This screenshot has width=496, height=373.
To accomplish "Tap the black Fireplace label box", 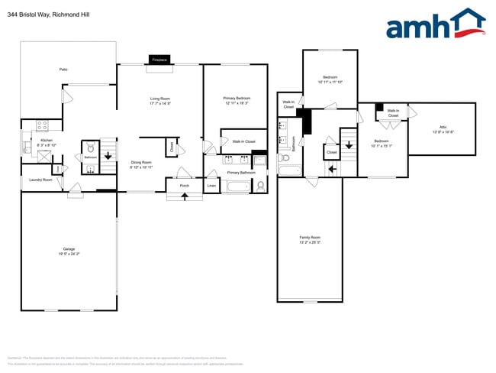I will point(159,59).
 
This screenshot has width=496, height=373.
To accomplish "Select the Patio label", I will point(63,70).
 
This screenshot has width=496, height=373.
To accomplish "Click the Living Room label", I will point(159,100).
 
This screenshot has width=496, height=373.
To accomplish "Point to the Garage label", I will point(69,250).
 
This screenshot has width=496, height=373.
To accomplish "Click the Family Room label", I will point(309,239).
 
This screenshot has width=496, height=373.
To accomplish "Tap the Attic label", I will point(442,128).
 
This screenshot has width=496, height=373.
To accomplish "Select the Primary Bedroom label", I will point(237,99).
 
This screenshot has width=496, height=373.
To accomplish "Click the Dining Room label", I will point(141,163).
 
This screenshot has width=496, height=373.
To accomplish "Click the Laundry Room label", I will point(40,180).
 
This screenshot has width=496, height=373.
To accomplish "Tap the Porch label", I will point(184,186).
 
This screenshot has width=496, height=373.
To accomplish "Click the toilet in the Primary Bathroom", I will point(261,186).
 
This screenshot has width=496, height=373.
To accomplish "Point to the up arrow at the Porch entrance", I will point(184,196).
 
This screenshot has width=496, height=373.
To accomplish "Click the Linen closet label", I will point(211,186).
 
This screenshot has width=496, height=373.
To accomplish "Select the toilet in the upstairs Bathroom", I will point(282,157).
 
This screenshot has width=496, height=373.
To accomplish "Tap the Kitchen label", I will point(47,142).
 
